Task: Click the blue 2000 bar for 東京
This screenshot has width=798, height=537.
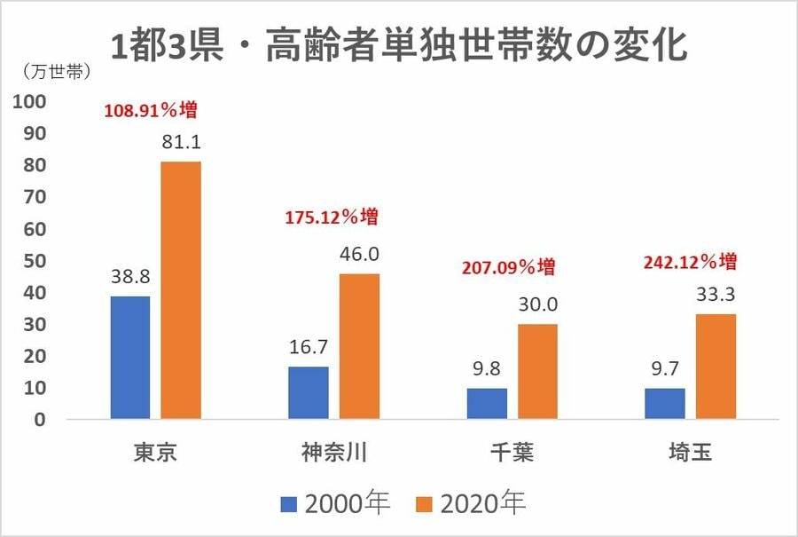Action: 130,357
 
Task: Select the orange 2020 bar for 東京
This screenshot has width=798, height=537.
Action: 181,290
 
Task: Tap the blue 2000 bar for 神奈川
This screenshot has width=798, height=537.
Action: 309,392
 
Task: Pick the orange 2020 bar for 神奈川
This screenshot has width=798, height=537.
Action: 359,346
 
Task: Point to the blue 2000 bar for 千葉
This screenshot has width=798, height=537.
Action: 487,403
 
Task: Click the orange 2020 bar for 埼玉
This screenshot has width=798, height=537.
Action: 716,366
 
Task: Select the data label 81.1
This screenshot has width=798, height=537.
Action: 181,142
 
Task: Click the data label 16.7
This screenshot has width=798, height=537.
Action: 309,346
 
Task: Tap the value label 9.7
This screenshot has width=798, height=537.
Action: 665,367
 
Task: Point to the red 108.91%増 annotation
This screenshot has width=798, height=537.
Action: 150,112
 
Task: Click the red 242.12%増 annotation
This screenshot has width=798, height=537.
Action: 692,263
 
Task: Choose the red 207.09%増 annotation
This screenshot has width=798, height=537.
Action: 509,266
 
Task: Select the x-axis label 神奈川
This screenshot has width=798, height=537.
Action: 333,453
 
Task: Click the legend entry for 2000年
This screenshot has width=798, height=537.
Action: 335,504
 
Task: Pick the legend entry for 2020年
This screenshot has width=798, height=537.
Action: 470,504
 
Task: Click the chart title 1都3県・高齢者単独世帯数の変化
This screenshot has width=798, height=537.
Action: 399,44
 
